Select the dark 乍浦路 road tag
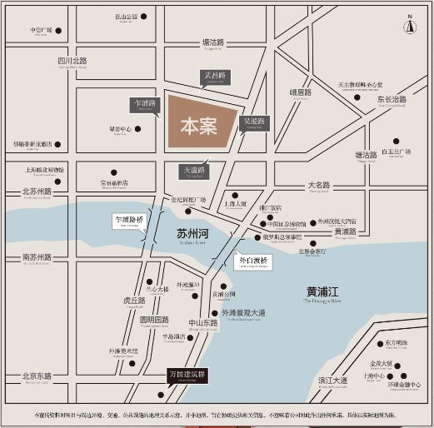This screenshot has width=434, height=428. (146, 104)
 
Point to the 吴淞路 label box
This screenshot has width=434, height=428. (253, 122)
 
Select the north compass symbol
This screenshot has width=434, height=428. (409, 26)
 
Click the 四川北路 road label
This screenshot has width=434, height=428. (72, 62)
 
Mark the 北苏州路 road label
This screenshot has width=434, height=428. (37, 192)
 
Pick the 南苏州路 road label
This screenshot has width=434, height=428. (37, 257)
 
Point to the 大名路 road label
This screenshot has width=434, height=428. (319, 185)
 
